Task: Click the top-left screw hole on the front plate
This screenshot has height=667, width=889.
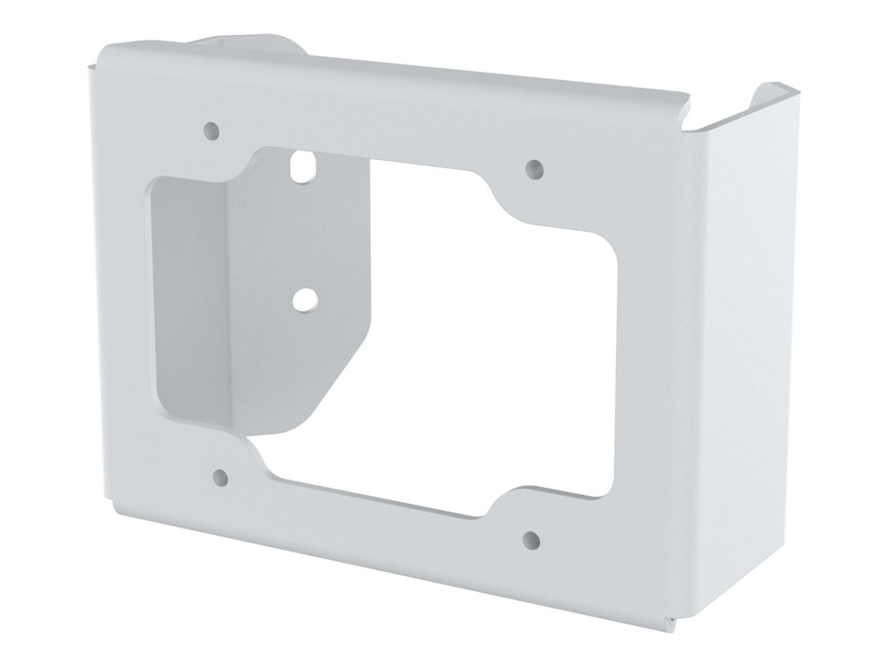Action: pyautogui.click(x=211, y=130)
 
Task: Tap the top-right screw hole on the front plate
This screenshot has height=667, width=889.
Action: pyautogui.click(x=533, y=167)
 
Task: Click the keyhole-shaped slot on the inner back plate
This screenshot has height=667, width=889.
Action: pyautogui.click(x=301, y=166)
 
